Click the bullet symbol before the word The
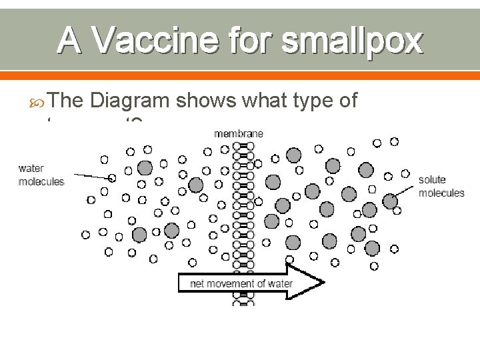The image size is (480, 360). click(x=38, y=101)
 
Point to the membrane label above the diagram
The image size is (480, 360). click(x=238, y=133)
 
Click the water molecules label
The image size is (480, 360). click(x=41, y=175)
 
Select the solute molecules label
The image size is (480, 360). click(x=441, y=187)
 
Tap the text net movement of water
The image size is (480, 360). click(x=232, y=283)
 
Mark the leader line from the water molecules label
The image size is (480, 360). click(x=89, y=177)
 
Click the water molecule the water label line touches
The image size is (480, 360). click(x=112, y=178)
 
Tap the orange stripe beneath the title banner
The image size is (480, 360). click(x=240, y=74)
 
